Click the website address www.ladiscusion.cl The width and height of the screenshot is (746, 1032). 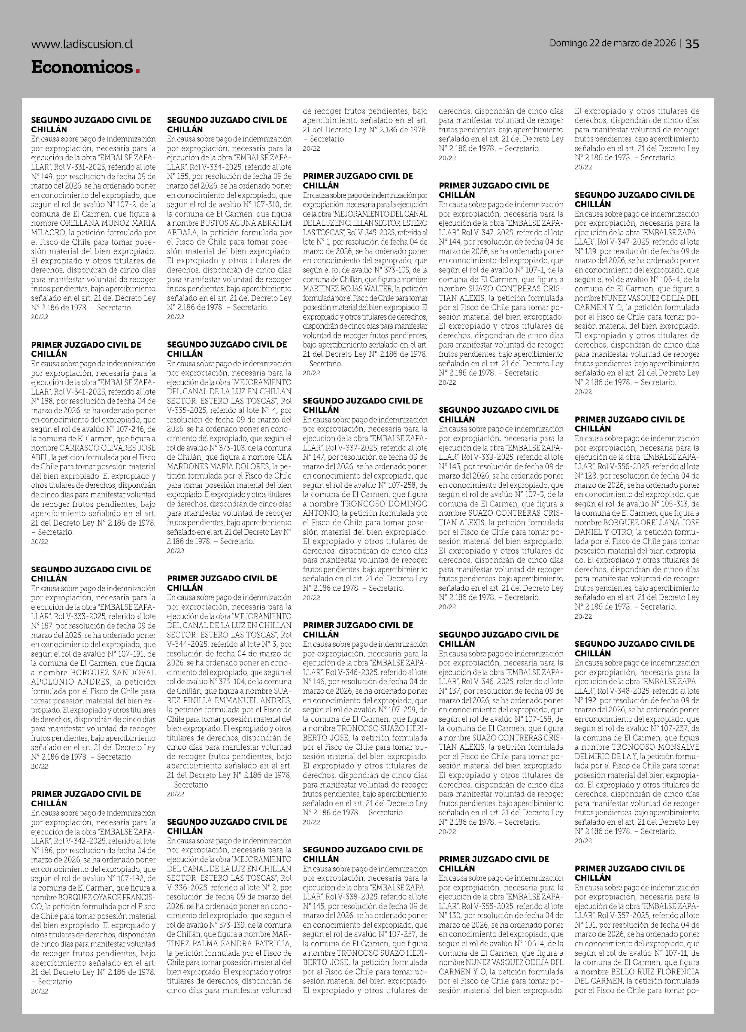[x=82, y=44]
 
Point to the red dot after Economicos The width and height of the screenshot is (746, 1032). [x=137, y=71]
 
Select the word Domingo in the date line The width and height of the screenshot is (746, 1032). [x=569, y=43]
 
